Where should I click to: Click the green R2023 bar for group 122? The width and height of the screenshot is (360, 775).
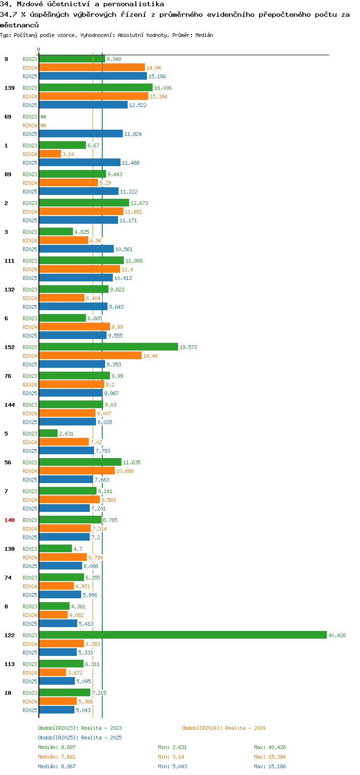(183, 634)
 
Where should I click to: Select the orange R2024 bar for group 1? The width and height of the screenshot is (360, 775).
(50, 154)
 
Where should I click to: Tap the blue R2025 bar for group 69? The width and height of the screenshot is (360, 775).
(81, 133)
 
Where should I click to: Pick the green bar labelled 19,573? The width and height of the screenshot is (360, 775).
(108, 347)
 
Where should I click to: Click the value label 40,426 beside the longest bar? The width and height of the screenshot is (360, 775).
(337, 635)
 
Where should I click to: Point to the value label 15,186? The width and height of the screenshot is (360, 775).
(157, 76)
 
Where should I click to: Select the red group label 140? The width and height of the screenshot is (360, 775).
(9, 520)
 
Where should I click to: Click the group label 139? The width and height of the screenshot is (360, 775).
(9, 88)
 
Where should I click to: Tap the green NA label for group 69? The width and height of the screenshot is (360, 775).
(43, 117)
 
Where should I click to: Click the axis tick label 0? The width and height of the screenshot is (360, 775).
(38, 49)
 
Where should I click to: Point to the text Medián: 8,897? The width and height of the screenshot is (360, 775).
(57, 747)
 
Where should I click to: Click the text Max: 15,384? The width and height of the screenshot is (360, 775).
(270, 757)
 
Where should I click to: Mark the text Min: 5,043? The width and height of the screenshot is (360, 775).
(173, 766)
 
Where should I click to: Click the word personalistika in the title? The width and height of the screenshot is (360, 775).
(133, 4)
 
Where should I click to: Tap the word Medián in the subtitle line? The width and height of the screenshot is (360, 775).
(204, 35)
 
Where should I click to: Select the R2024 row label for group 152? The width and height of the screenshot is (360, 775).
(30, 356)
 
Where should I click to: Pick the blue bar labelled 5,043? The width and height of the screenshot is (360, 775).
(57, 710)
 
